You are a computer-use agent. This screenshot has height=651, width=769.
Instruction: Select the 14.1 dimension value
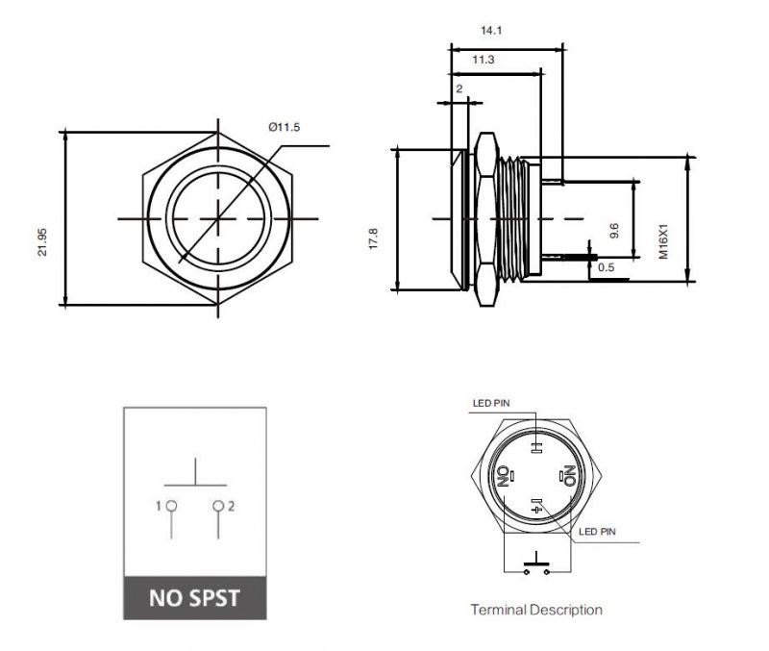click(491, 31)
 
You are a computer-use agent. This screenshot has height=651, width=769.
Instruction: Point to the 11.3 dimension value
click(484, 61)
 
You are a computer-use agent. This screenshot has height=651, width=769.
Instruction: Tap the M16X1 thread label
click(663, 241)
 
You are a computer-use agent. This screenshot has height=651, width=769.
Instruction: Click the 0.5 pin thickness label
click(606, 267)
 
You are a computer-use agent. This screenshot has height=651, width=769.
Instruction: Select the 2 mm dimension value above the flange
click(459, 88)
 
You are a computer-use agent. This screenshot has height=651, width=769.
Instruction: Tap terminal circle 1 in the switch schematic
click(170, 506)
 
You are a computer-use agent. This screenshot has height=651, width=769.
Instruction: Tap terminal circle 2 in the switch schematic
click(219, 506)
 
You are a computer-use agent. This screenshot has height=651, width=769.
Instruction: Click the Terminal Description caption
click(536, 610)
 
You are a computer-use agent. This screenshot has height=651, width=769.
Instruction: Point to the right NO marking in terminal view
click(568, 474)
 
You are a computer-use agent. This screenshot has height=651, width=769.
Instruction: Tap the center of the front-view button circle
click(219, 219)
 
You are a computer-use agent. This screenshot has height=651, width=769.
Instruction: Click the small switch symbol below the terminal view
click(535, 564)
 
